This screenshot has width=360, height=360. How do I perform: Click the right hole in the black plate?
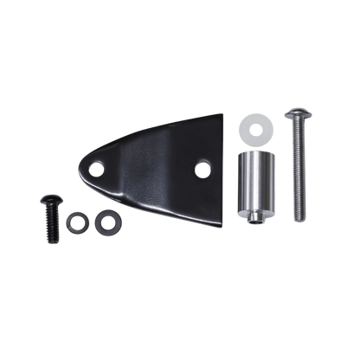pos(204,162)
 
